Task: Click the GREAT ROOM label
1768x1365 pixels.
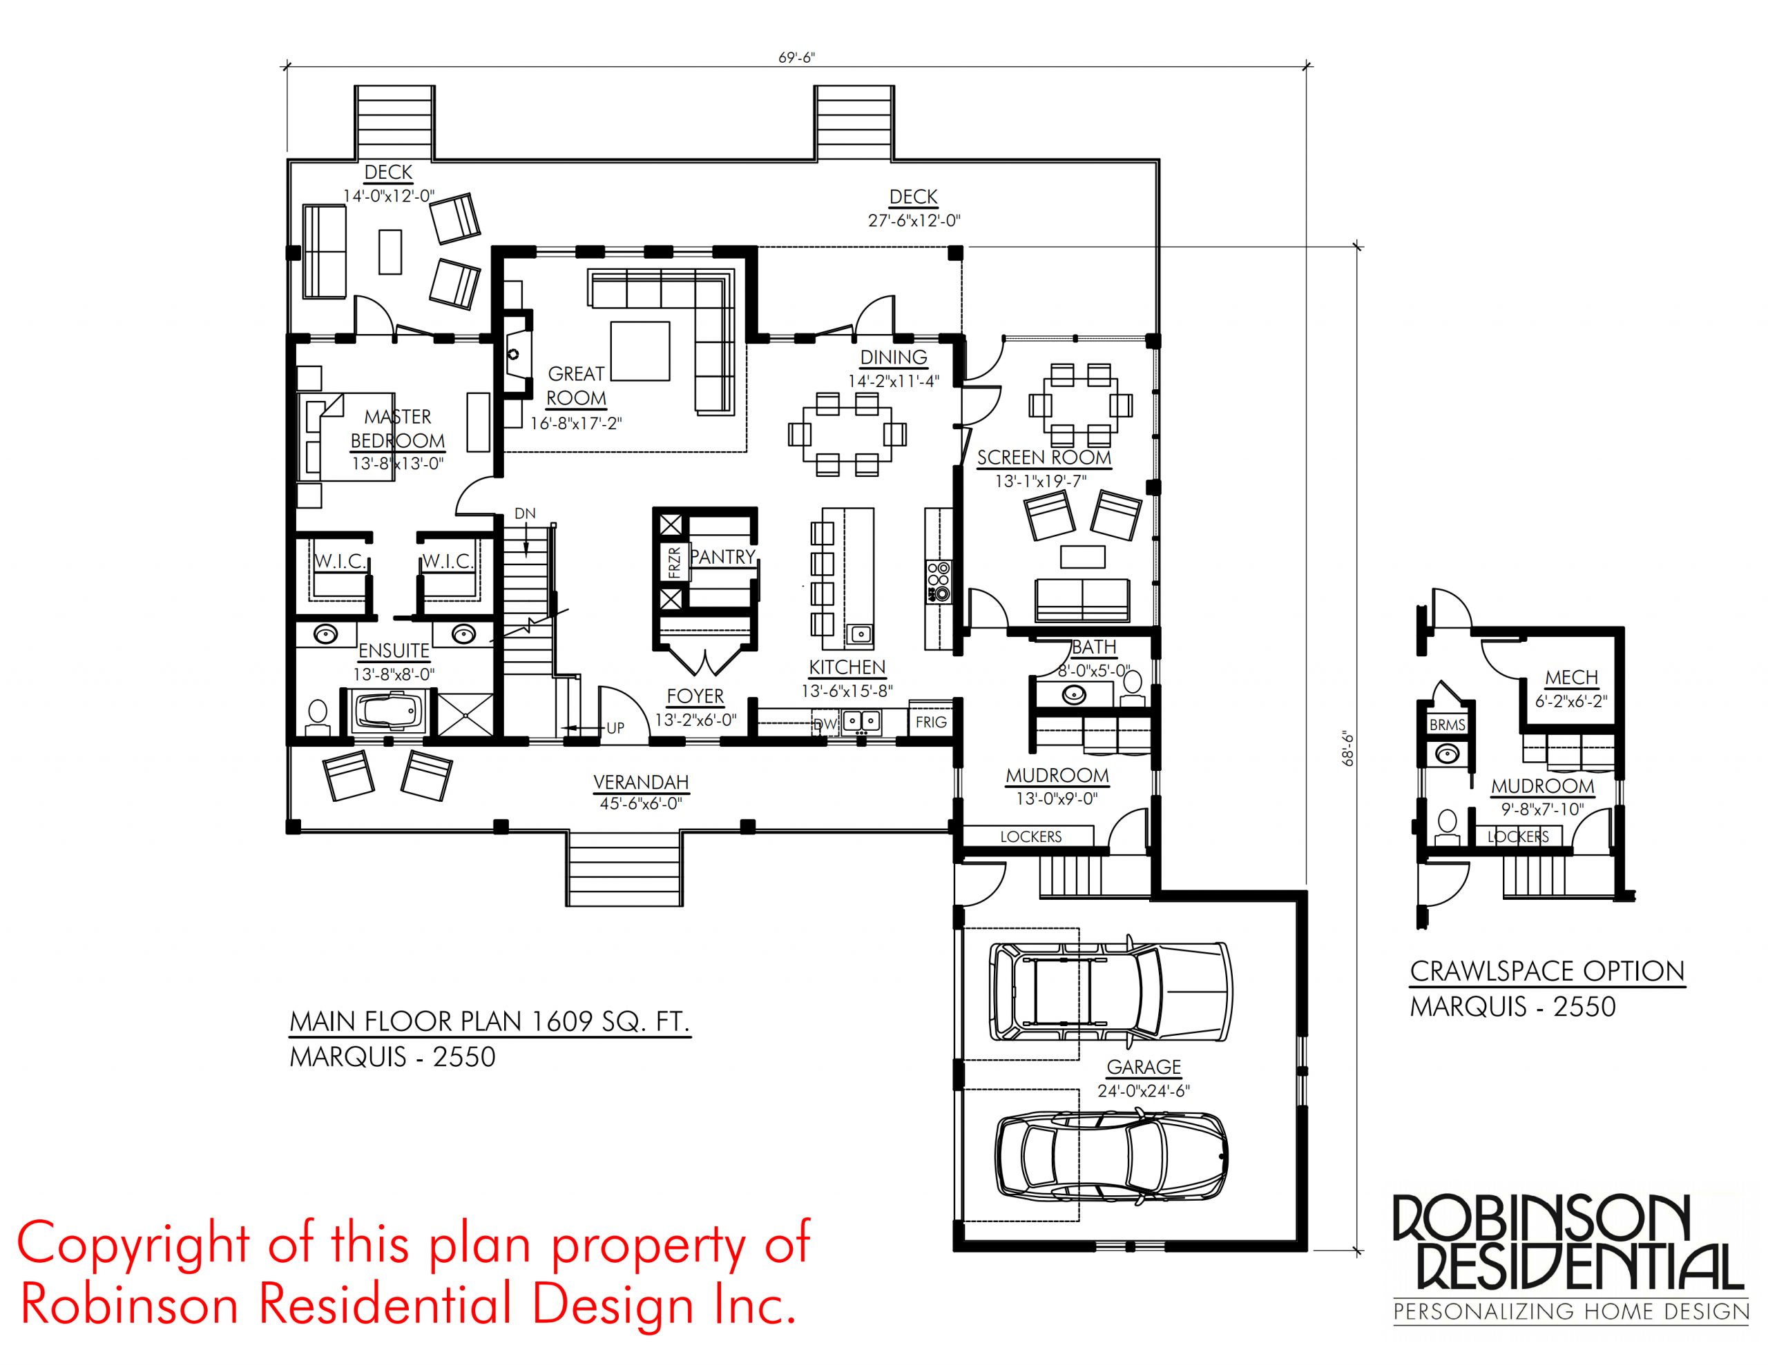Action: click(577, 386)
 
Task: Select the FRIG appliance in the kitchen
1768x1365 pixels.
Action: click(931, 722)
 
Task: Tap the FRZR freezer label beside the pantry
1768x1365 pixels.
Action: click(674, 562)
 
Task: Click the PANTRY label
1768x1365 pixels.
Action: click(722, 557)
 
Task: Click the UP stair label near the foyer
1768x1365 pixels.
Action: click(615, 728)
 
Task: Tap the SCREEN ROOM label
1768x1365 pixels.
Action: click(1044, 457)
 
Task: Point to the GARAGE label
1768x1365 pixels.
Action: click(1144, 1066)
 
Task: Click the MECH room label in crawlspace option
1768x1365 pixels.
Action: click(1571, 677)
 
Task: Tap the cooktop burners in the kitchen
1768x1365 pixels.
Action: click(939, 581)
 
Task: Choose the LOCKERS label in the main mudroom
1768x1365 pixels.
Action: click(1030, 836)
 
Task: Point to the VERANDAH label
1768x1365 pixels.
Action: click(641, 783)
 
